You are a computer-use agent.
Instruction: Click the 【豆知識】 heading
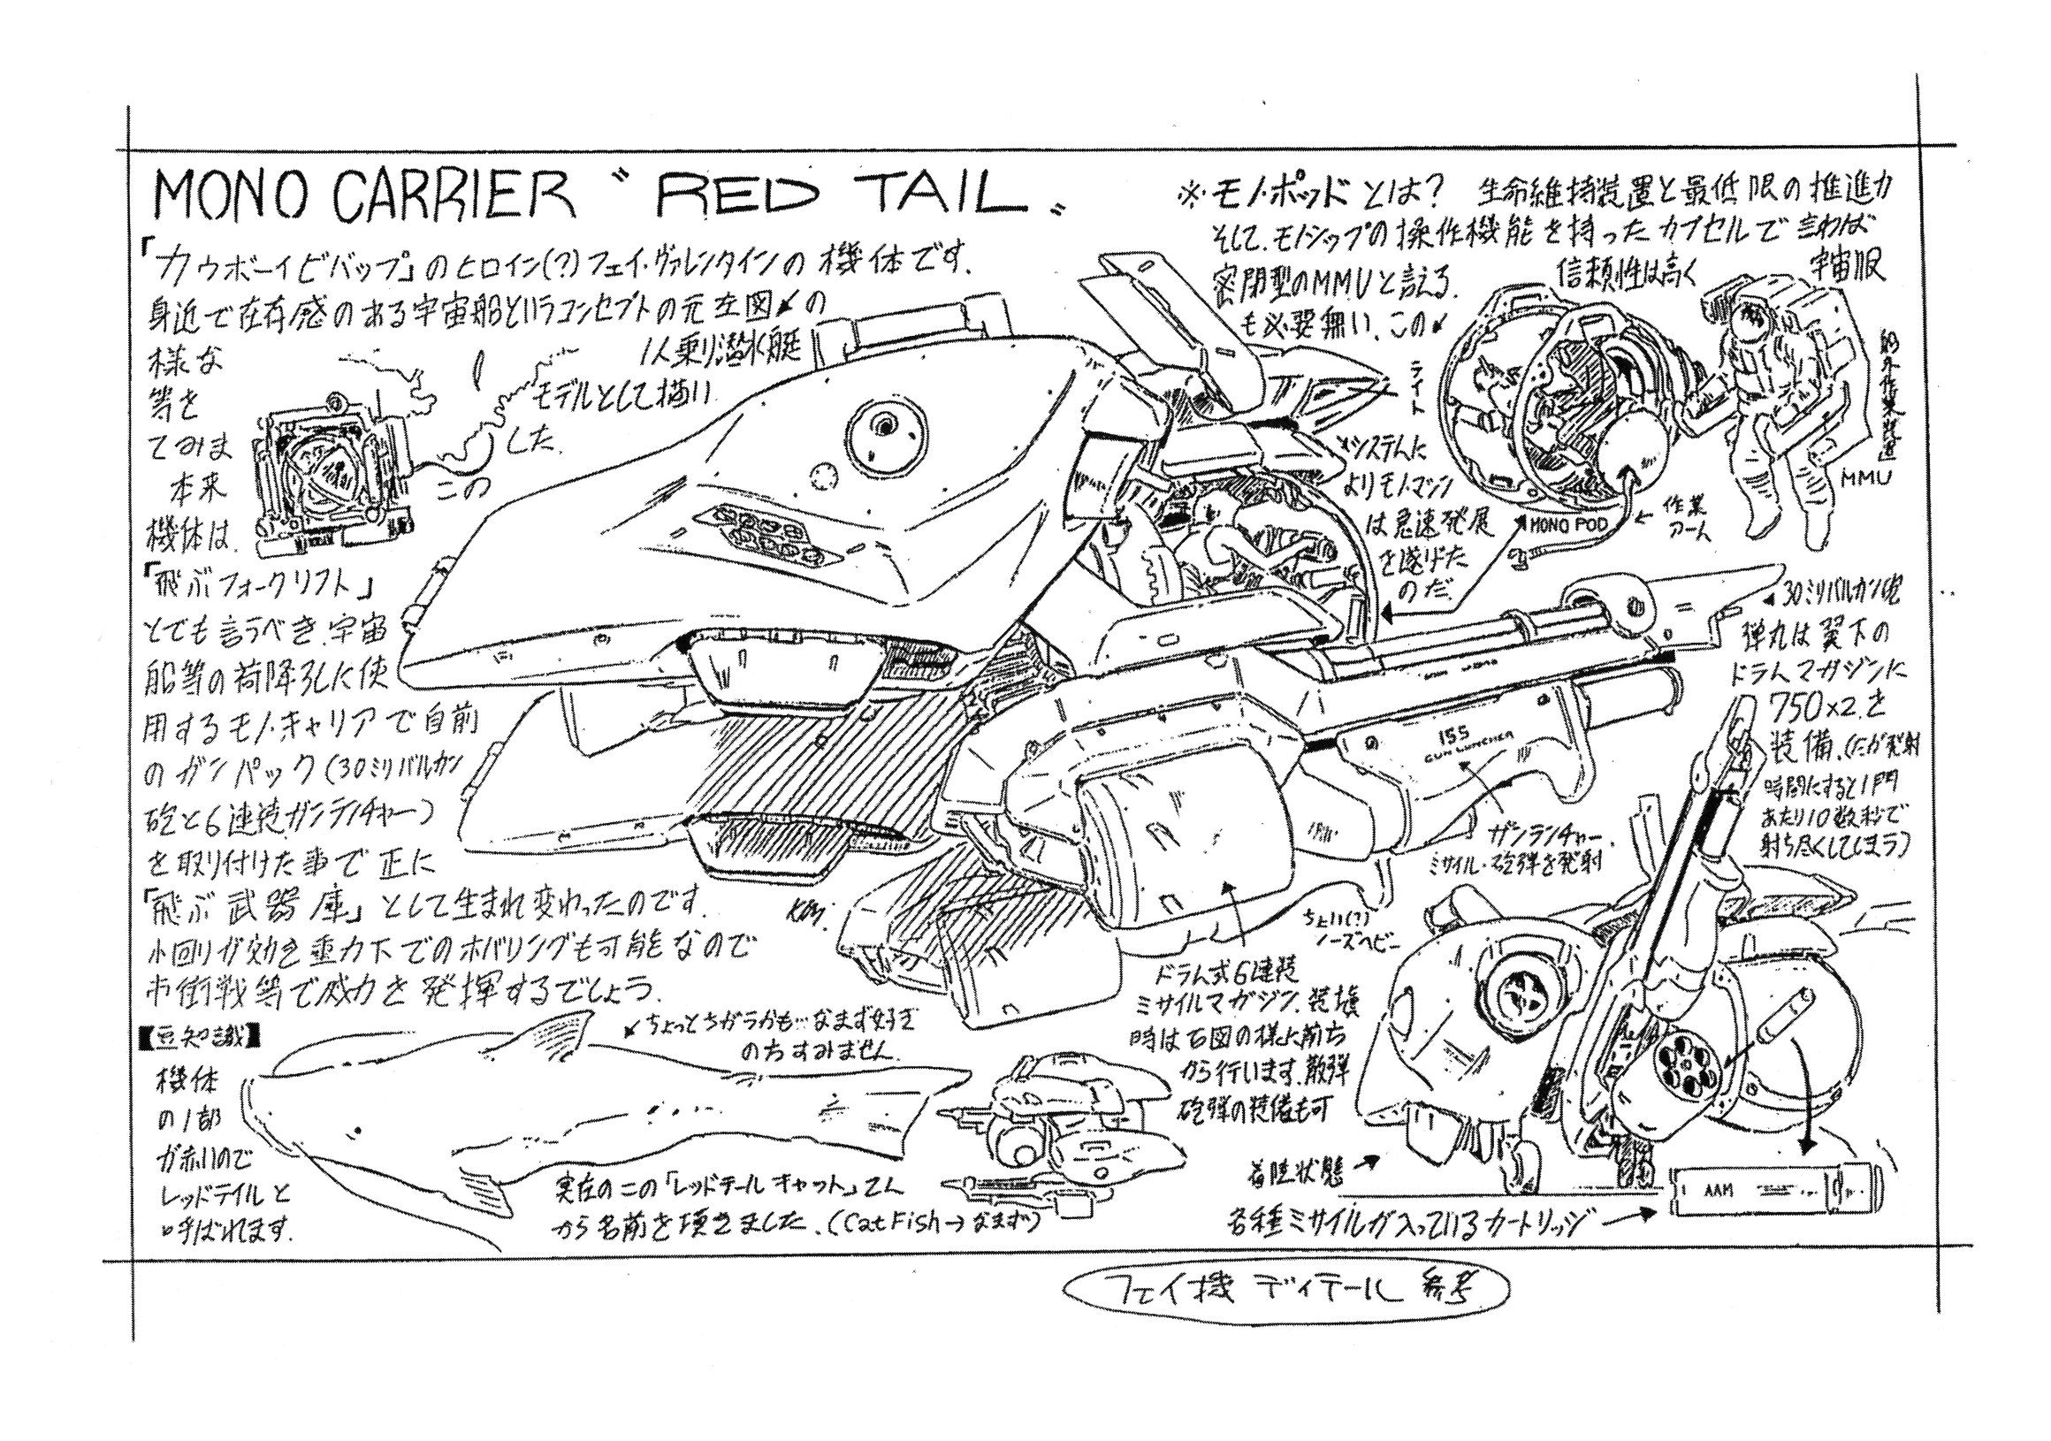[x=198, y=1036]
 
